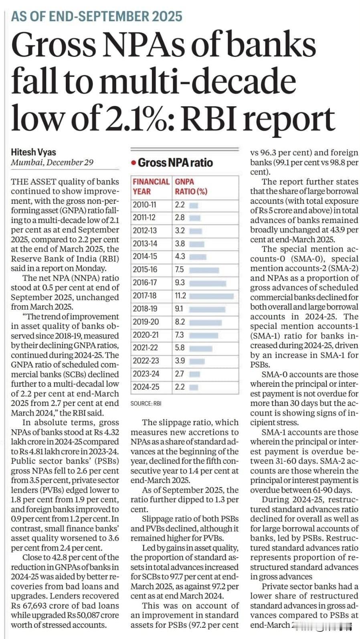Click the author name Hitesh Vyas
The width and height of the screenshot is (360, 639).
pyautogui.click(x=33, y=152)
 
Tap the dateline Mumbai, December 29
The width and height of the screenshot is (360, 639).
pyautogui.click(x=52, y=162)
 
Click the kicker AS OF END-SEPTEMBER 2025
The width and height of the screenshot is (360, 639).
pyautogui.click(x=97, y=16)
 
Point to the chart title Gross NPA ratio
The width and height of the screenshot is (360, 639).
pyautogui.click(x=175, y=162)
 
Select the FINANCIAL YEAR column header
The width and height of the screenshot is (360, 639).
pyautogui.click(x=151, y=187)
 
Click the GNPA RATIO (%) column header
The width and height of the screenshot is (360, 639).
pyautogui.click(x=191, y=187)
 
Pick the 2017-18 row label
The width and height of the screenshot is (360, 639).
pyautogui.click(x=145, y=296)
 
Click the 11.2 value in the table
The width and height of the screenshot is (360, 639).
pyautogui.click(x=180, y=296)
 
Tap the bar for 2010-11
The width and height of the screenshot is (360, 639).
pyautogui.click(x=194, y=205)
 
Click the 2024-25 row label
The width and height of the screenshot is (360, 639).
pyautogui.click(x=146, y=387)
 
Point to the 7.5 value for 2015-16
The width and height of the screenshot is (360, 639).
pyautogui.click(x=179, y=270)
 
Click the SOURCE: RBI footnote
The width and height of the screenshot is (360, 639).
pyautogui.click(x=146, y=404)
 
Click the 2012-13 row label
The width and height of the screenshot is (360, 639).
pyautogui.click(x=145, y=231)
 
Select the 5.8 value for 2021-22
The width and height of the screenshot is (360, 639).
pyautogui.click(x=180, y=348)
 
